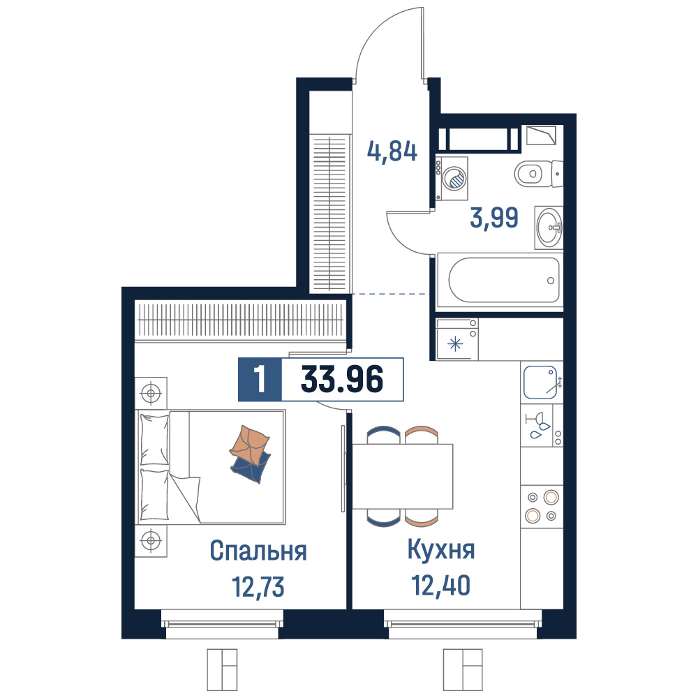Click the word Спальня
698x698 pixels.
pyautogui.click(x=258, y=551)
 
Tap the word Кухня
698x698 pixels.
pyautogui.click(x=441, y=550)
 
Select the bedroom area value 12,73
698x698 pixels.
pyautogui.click(x=258, y=587)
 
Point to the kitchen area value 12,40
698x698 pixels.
pyautogui.click(x=440, y=586)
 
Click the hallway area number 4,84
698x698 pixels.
pyautogui.click(x=392, y=151)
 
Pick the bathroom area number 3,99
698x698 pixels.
pyautogui.click(x=494, y=218)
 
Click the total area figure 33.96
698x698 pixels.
pyautogui.click(x=342, y=379)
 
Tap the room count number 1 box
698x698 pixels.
pyautogui.click(x=260, y=379)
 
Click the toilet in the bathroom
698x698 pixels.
pyautogui.click(x=539, y=173)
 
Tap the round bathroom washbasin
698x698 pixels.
pyautogui.click(x=549, y=228)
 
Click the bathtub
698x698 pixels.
pyautogui.click(x=500, y=281)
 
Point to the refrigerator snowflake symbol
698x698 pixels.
pyautogui.click(x=455, y=344)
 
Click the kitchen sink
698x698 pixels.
pyautogui.click(x=540, y=382)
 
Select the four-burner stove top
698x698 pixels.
pyautogui.click(x=542, y=506)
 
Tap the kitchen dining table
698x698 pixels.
pyautogui.click(x=403, y=476)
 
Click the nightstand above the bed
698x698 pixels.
pyautogui.click(x=151, y=393)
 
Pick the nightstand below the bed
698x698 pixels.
pyautogui.click(x=151, y=540)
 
